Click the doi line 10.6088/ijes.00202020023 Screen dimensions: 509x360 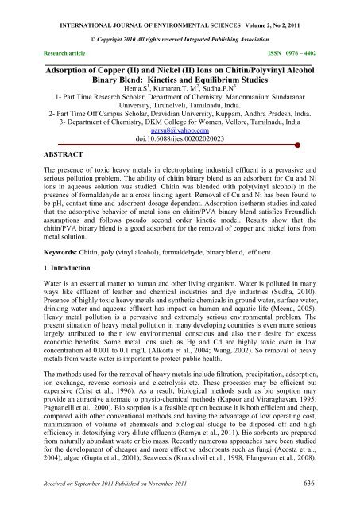tap(180, 142)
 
